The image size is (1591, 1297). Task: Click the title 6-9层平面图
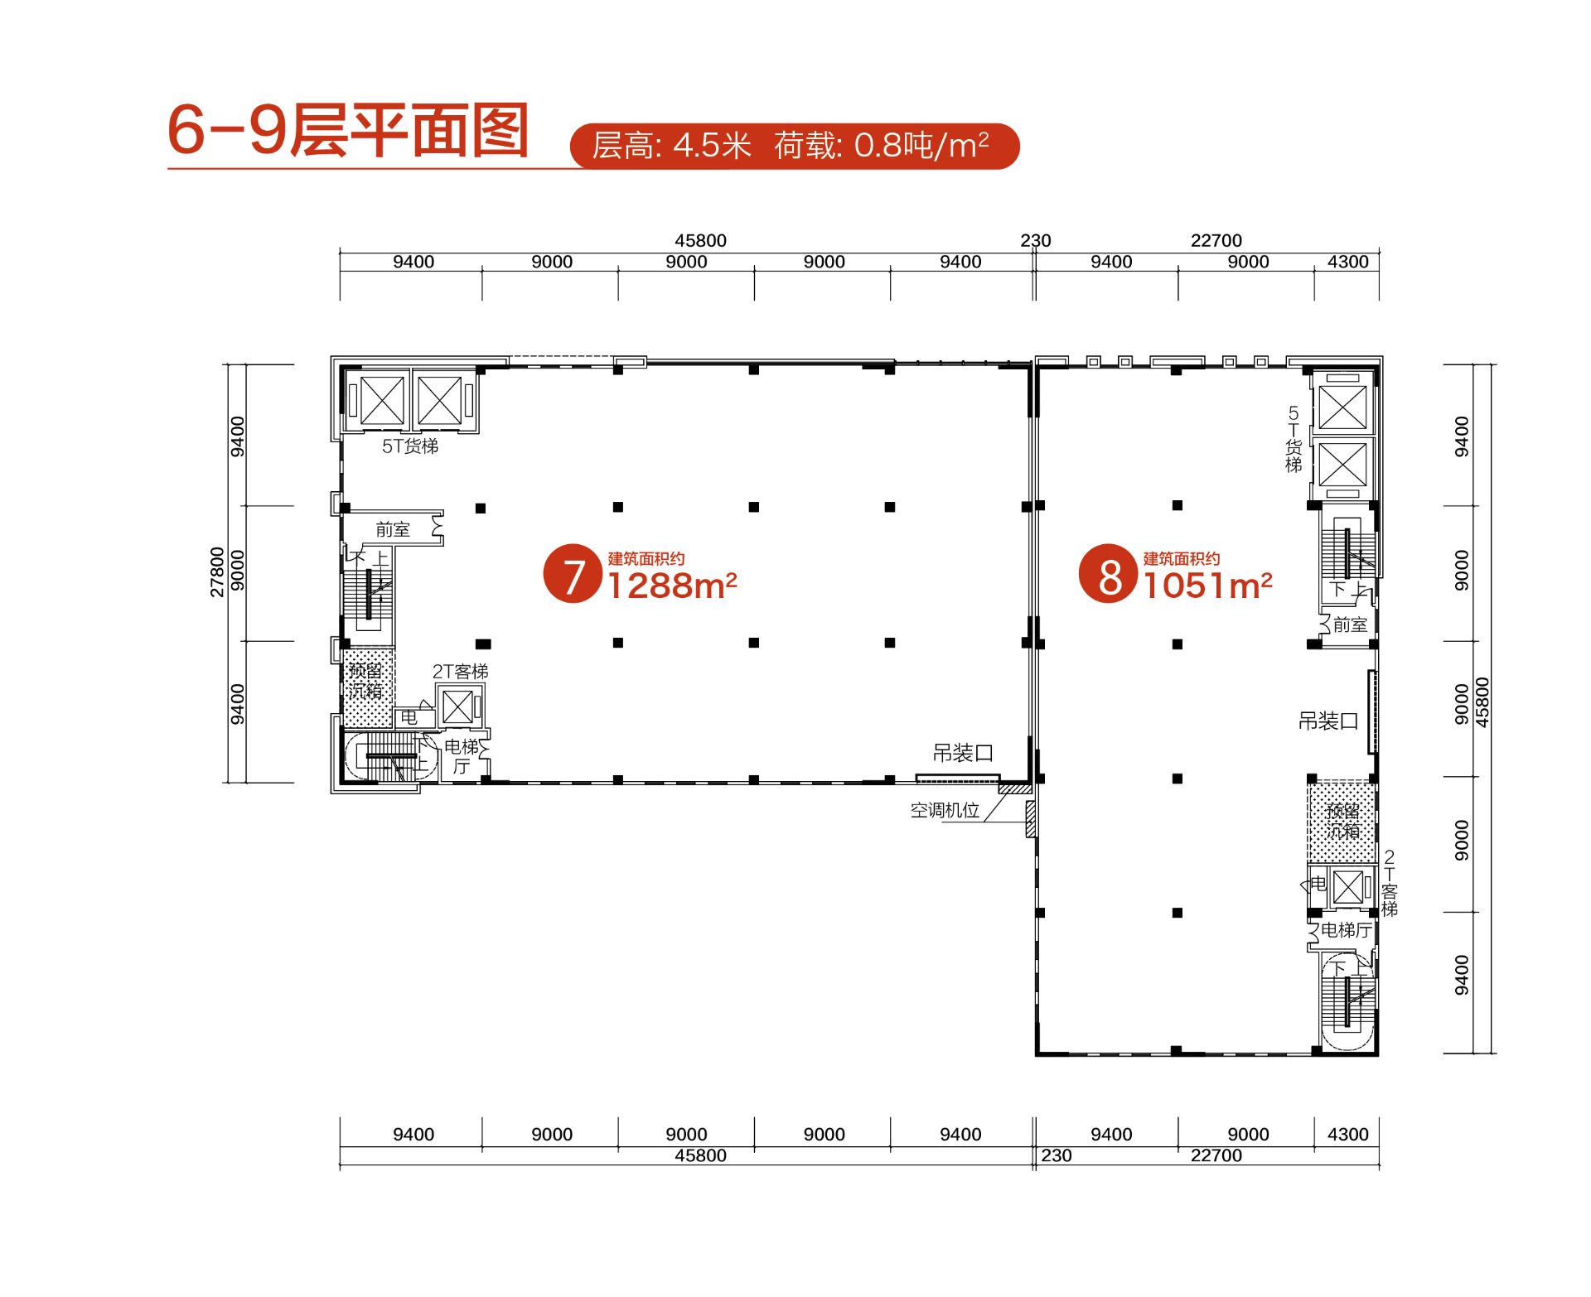click(348, 130)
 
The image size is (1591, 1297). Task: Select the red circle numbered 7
click(572, 573)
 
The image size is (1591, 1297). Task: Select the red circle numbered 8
click(1107, 573)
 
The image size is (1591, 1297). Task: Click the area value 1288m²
click(671, 586)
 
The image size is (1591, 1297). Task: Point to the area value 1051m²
click(1207, 586)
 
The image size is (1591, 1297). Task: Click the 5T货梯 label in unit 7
click(409, 446)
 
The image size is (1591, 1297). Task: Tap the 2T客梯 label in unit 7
click(460, 672)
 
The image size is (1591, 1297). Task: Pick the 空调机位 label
click(945, 811)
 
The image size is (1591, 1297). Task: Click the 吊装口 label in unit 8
click(1327, 721)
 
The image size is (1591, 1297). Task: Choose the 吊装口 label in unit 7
click(962, 753)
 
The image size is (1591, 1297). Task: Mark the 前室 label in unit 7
click(392, 530)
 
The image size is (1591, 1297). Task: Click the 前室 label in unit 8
click(1349, 625)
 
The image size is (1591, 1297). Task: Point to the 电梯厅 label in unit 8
click(1345, 931)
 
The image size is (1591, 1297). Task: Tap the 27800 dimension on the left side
click(217, 571)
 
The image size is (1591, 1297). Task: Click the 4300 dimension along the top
click(1347, 262)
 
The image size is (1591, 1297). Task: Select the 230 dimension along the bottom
click(1056, 1155)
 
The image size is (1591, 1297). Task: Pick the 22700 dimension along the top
click(1216, 240)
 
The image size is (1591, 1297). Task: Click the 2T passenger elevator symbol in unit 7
click(457, 706)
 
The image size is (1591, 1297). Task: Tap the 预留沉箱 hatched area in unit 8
click(1342, 821)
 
